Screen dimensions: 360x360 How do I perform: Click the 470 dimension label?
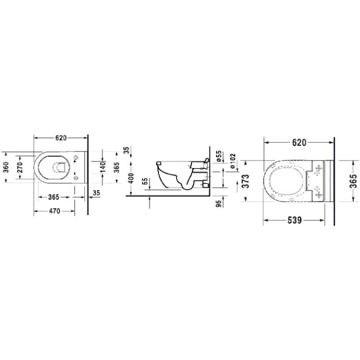(54, 211)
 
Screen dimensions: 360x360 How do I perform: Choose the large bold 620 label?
(298, 142)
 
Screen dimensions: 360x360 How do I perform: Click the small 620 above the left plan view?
(60, 137)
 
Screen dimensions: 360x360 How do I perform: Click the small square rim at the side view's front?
(158, 162)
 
